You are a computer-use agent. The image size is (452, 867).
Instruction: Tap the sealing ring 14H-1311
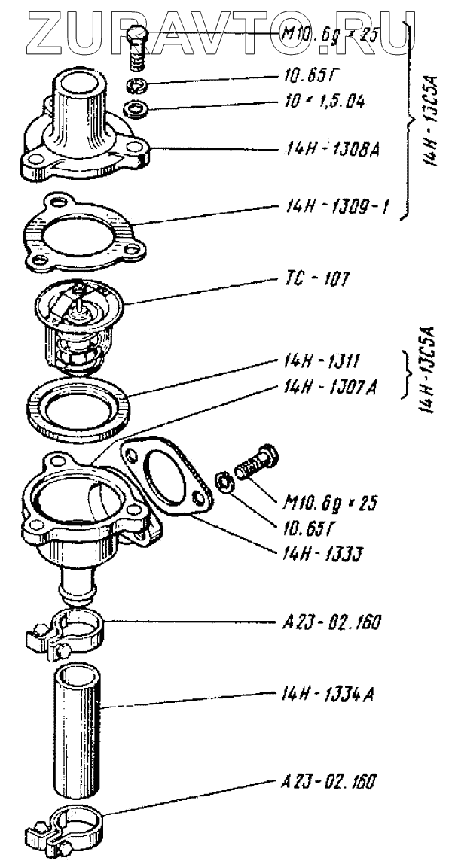tap(78, 410)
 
